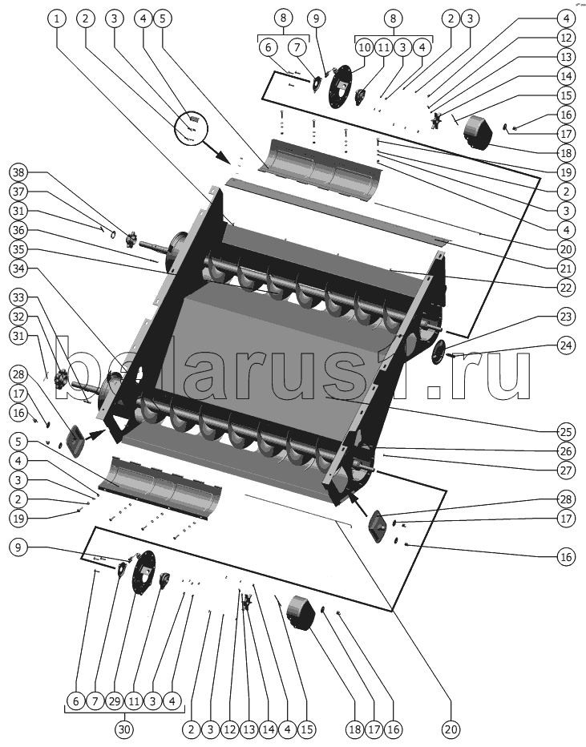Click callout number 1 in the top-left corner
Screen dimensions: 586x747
[57, 18]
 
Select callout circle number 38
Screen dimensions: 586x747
[18, 172]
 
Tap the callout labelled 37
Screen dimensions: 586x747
[18, 192]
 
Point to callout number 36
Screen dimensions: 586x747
[18, 230]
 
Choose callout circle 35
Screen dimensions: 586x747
[18, 249]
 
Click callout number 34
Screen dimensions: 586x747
[18, 269]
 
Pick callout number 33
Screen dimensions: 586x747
[18, 297]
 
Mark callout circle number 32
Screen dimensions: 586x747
[18, 317]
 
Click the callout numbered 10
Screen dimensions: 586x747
[365, 47]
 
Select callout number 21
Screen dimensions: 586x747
[565, 269]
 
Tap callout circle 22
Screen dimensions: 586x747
[565, 288]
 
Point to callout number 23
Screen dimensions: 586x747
[565, 317]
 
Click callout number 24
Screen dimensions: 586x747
[565, 345]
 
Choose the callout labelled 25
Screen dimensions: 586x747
[565, 432]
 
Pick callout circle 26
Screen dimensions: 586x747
[565, 450]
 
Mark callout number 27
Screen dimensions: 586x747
[565, 470]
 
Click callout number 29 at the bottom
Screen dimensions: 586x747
[115, 701]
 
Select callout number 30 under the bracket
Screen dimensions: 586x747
[124, 729]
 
